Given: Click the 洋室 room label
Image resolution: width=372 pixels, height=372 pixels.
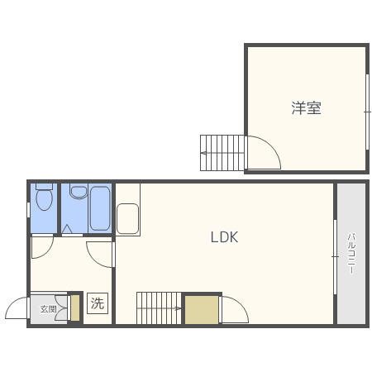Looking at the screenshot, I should (x=306, y=108).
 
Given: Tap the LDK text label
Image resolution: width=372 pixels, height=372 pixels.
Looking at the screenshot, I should (x=224, y=237).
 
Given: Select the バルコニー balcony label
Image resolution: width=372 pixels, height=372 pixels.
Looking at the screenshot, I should (x=351, y=253).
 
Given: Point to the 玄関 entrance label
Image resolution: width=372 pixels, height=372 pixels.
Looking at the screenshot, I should (x=48, y=309).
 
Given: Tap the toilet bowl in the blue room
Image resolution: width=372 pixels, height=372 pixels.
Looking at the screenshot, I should (x=45, y=199).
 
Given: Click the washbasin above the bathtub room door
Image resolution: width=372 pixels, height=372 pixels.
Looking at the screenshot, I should (x=79, y=193).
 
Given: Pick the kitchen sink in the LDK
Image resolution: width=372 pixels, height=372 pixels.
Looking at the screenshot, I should (x=127, y=221).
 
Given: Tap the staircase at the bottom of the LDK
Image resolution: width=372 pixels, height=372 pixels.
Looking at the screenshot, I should (x=159, y=308).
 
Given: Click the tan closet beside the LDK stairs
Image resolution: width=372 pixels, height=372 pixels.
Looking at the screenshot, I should (x=202, y=309).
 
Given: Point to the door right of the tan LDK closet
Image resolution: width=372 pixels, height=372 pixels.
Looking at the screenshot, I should (x=234, y=311).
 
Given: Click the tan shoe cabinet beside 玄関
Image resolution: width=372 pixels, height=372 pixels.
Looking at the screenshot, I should (x=74, y=308).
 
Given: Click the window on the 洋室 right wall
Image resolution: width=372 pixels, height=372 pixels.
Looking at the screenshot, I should (x=367, y=110).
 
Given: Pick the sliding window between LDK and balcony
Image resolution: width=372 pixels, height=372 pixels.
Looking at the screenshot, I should (x=335, y=255).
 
